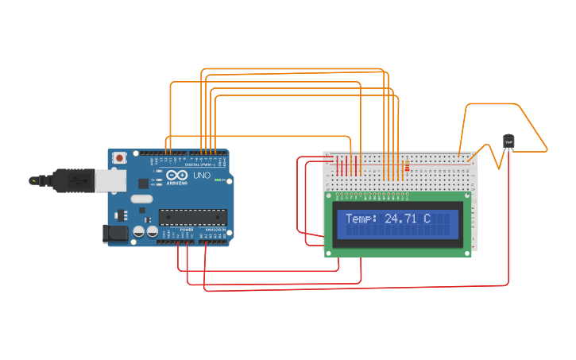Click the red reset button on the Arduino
click(x=119, y=158)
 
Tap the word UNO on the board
click(x=203, y=175)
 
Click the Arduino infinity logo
click(x=176, y=175)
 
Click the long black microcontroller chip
click(x=192, y=217)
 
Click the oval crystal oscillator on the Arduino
click(x=141, y=199)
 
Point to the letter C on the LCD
click(x=427, y=219)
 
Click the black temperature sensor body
click(x=508, y=141)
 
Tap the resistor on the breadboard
click(x=407, y=167)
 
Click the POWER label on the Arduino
click(x=187, y=230)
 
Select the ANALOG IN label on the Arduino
click(x=215, y=230)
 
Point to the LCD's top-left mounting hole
click(x=329, y=196)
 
